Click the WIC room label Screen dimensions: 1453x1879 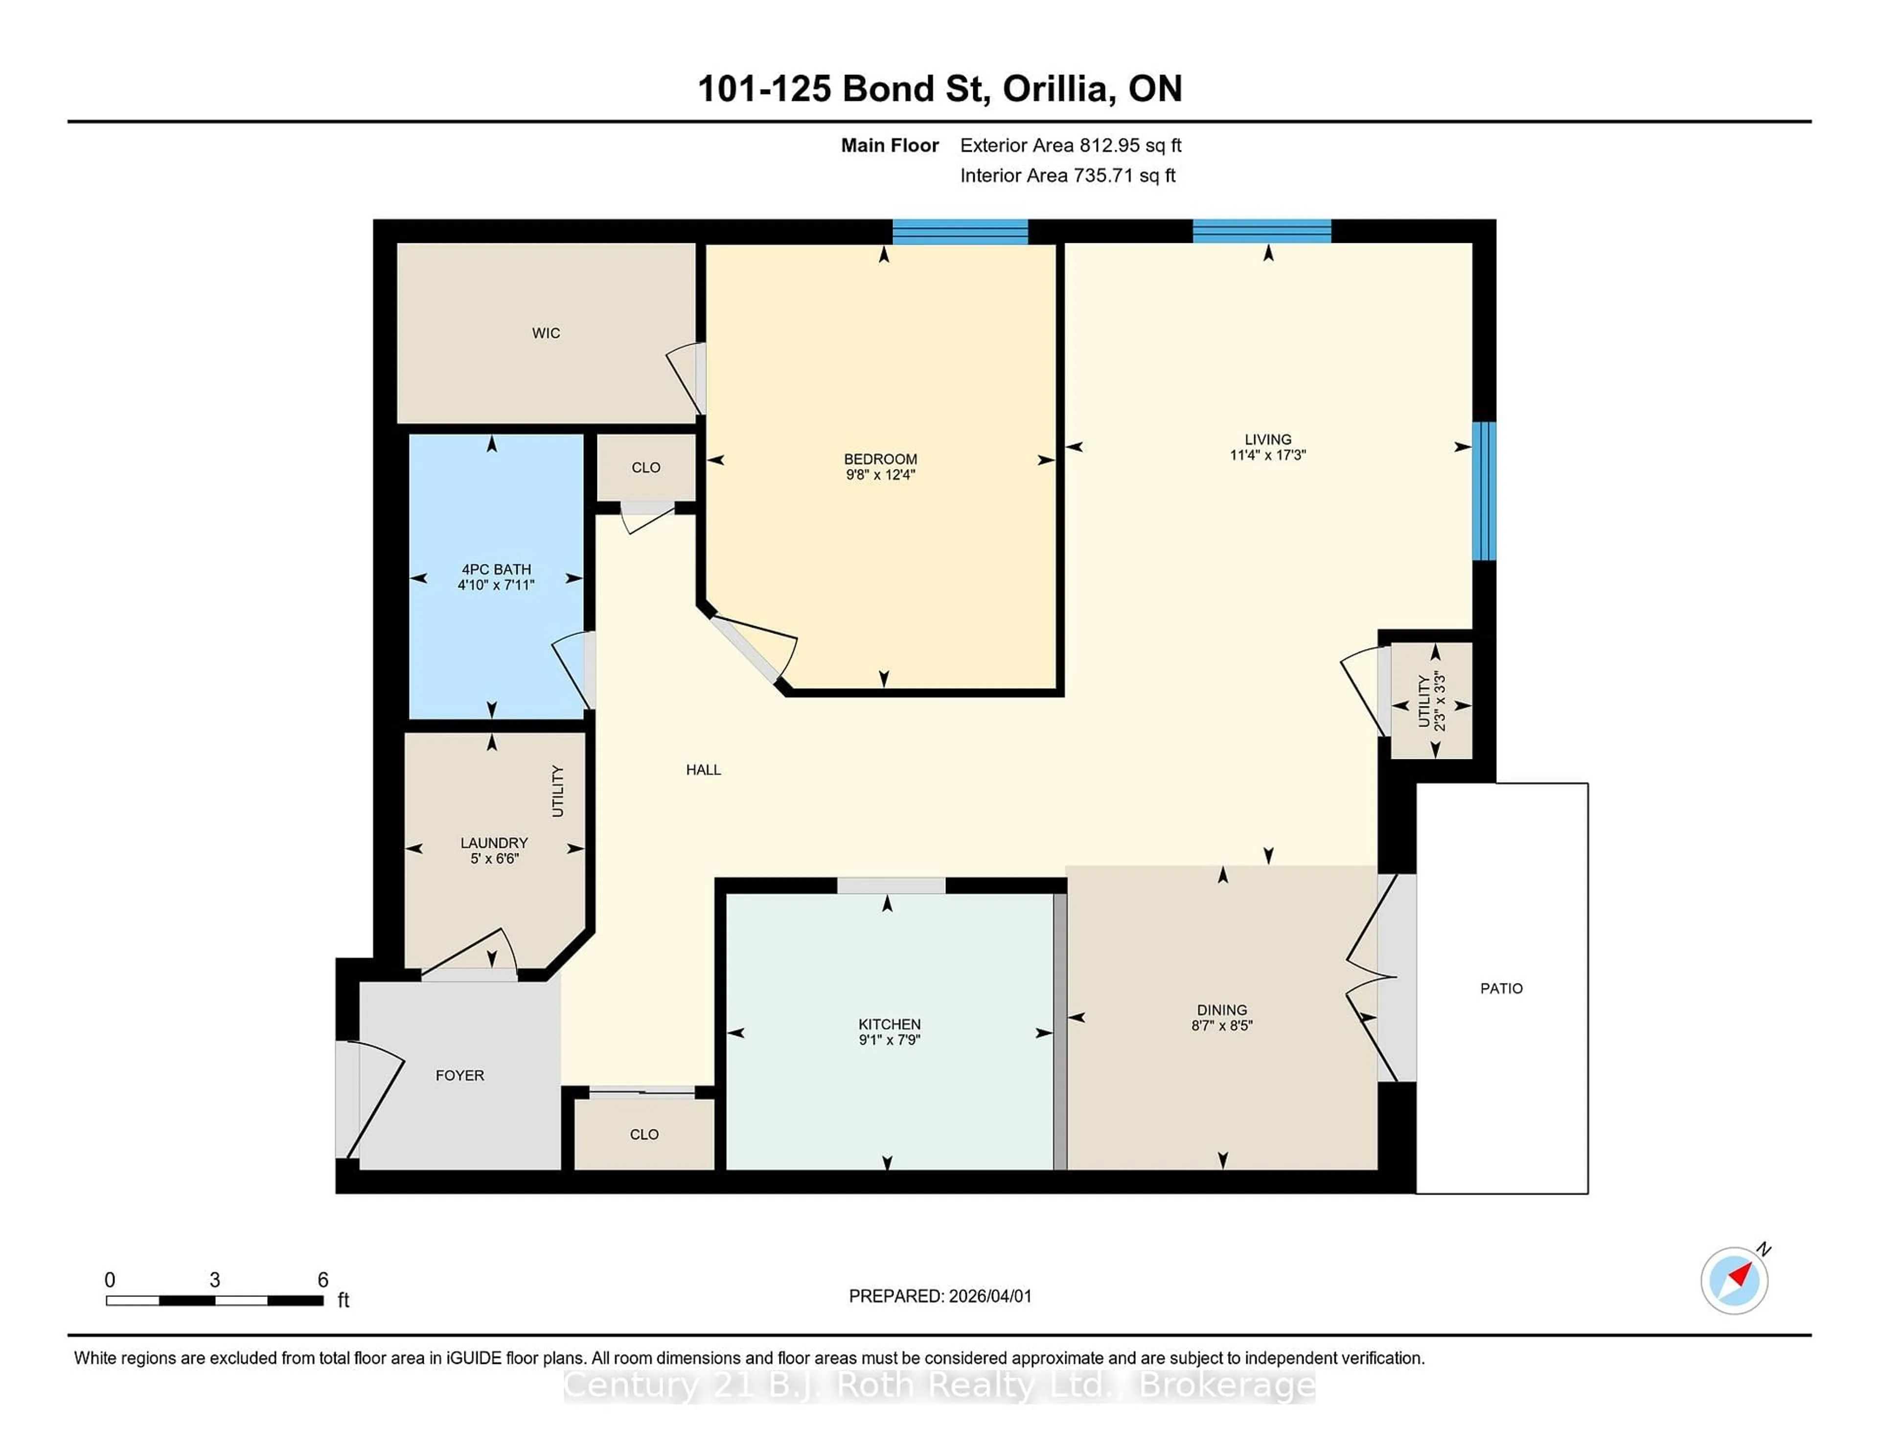coord(546,333)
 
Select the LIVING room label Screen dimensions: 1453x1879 coord(1267,439)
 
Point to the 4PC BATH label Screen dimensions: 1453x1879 coord(496,569)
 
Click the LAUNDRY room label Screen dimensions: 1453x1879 coord(494,843)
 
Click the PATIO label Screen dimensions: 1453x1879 coord(1501,988)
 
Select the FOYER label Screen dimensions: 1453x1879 coord(459,1075)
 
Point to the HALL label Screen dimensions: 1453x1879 coord(703,770)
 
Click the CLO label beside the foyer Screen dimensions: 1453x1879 coord(643,1134)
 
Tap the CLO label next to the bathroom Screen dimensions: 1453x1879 coord(645,468)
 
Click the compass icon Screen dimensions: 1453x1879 coord(1734,1281)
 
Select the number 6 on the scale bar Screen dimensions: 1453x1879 coord(322,1280)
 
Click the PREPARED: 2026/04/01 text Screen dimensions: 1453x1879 coord(939,1296)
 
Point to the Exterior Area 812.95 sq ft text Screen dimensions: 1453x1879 coord(1070,145)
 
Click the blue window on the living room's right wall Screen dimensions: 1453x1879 coord(1484,491)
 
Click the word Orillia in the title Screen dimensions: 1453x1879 coord(1055,89)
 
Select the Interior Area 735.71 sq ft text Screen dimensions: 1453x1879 coord(1067,176)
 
